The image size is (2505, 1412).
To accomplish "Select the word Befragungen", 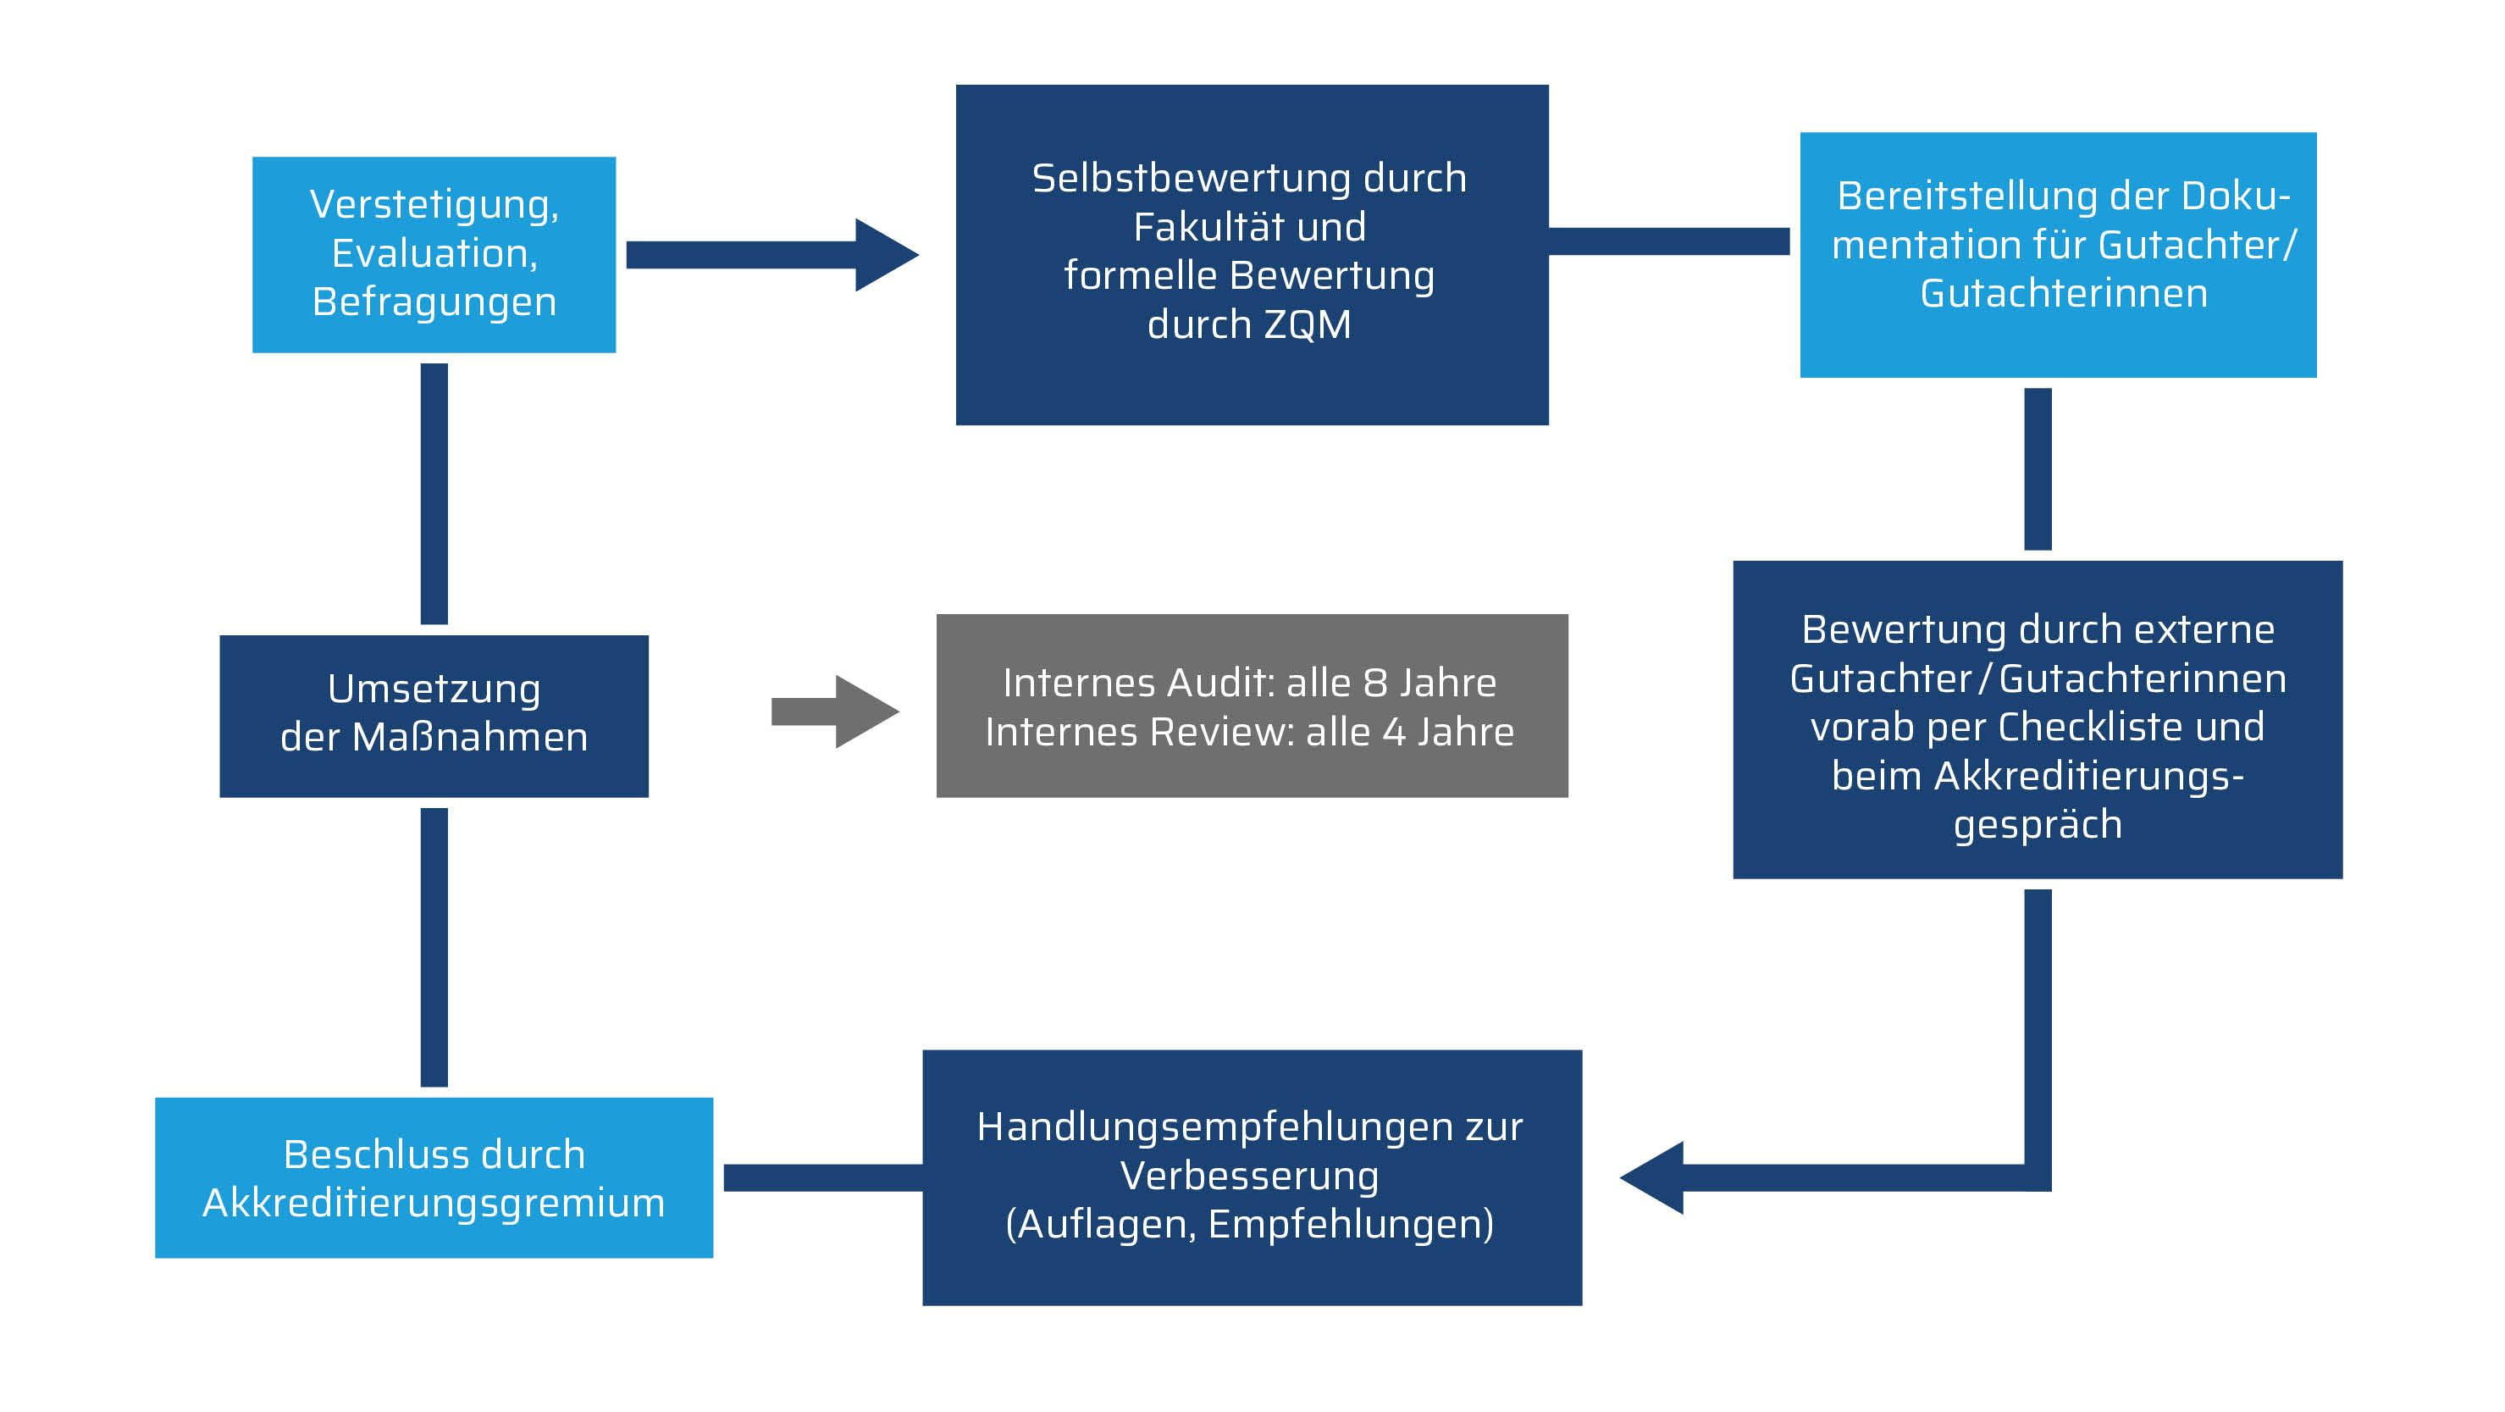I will click(x=434, y=302).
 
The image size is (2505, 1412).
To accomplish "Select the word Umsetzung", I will click(x=434, y=689).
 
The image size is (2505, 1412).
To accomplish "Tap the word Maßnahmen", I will click(x=470, y=737).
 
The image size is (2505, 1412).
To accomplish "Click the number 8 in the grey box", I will click(x=1375, y=684).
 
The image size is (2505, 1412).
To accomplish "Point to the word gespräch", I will click(x=2038, y=825).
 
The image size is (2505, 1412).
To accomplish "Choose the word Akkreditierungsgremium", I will click(x=434, y=1203).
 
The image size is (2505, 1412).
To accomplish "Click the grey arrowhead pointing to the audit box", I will click(x=865, y=712).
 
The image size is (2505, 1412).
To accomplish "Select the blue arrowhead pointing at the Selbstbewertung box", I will click(x=884, y=255).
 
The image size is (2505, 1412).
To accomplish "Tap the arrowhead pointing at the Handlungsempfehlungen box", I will click(x=1654, y=1177).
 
